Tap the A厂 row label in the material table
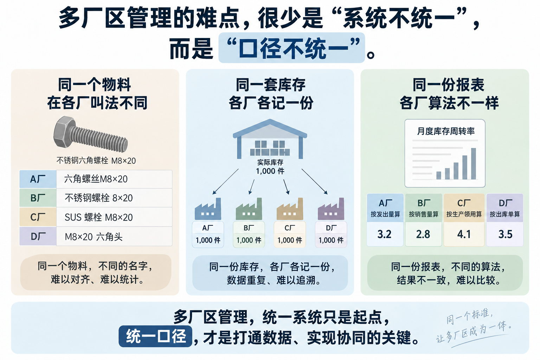point(38,179)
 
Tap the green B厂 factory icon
point(249,209)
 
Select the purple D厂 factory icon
point(331,209)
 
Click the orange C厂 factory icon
point(290,209)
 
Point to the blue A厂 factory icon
point(208,209)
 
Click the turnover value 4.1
point(464,234)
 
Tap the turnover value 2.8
point(423,234)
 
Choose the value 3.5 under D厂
point(505,234)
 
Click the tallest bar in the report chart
point(474,163)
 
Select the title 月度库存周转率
point(446,131)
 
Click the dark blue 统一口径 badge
point(155,336)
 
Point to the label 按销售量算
point(424,214)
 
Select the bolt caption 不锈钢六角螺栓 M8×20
point(96,161)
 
